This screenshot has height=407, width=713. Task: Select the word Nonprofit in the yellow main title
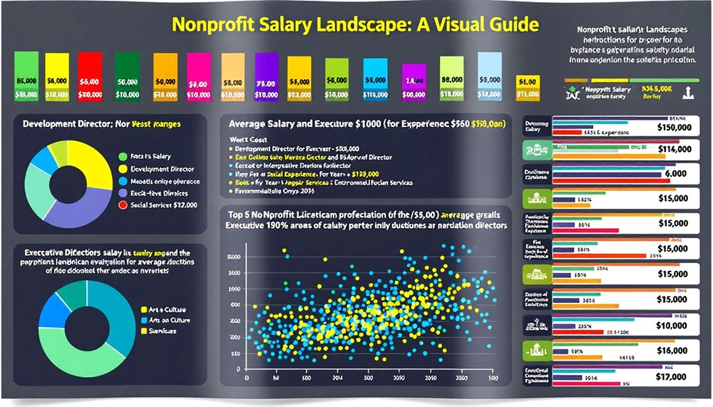click(207, 25)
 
